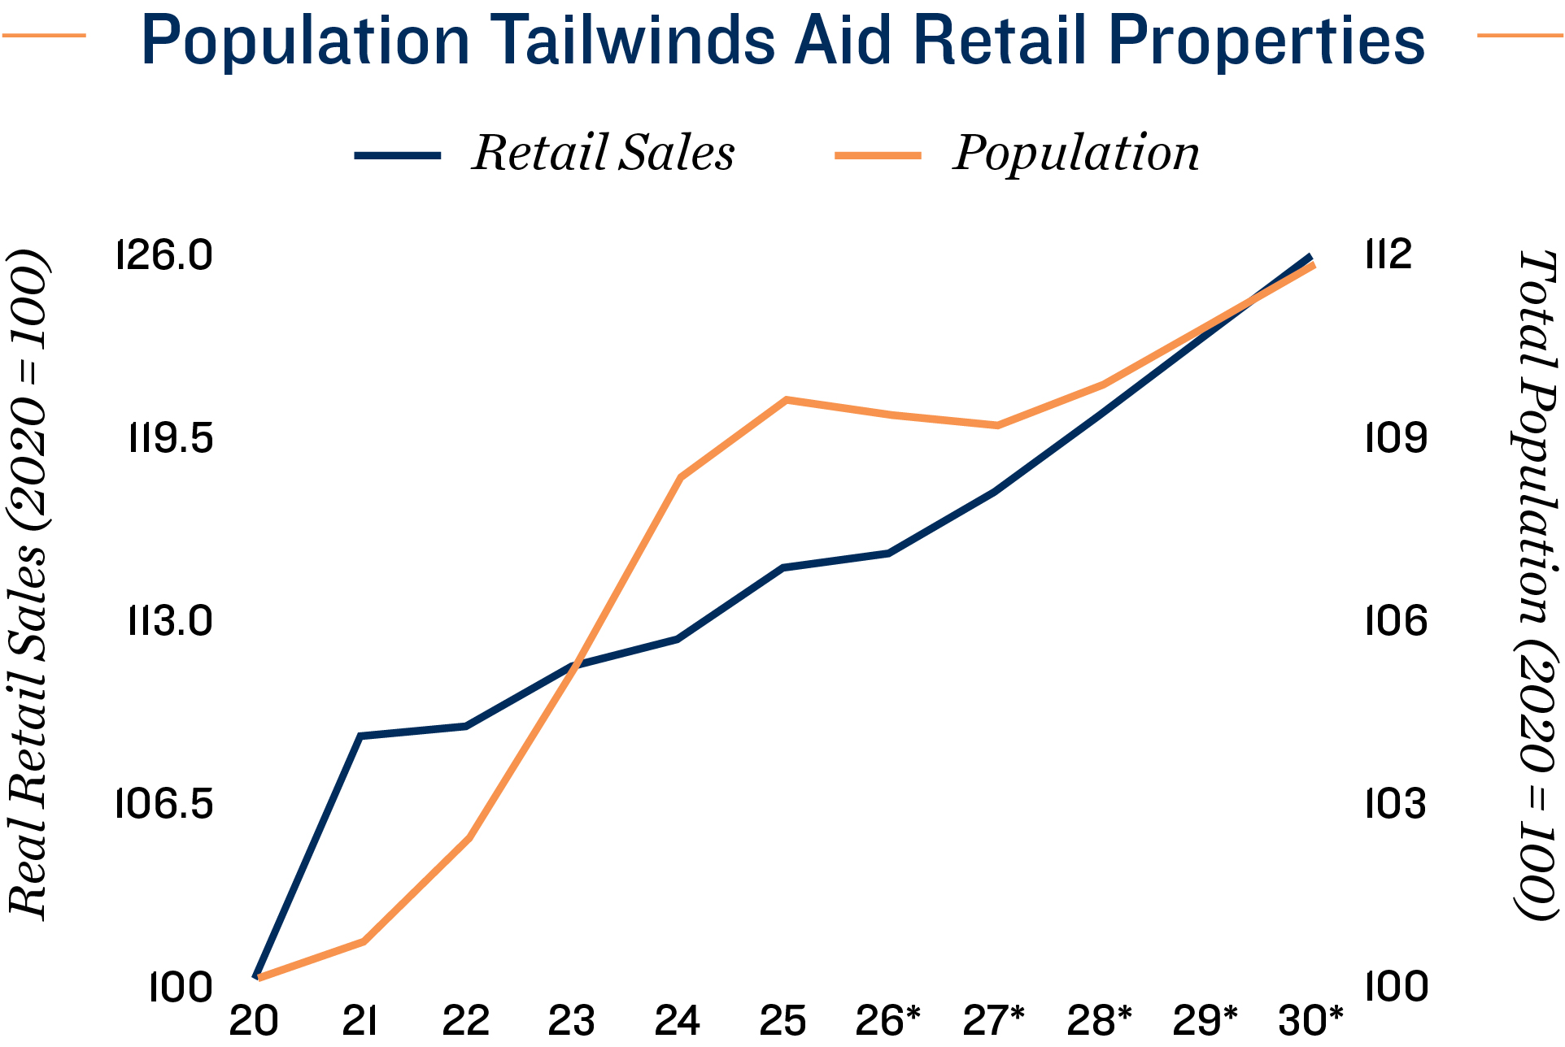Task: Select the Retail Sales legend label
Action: (603, 153)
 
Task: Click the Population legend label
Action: (1075, 153)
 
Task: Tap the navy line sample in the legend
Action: (398, 155)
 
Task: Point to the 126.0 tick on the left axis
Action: (165, 255)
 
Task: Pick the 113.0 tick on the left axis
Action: (170, 622)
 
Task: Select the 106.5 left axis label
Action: (165, 805)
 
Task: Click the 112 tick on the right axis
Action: (1389, 255)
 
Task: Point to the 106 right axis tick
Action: (1396, 622)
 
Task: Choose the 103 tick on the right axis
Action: (1396, 805)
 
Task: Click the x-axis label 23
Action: (571, 1021)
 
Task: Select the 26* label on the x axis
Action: (887, 1021)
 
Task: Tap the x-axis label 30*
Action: (1310, 1021)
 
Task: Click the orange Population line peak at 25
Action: (786, 400)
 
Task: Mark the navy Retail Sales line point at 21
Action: (360, 736)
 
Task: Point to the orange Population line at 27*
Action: (996, 425)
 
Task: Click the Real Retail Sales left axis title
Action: (28, 585)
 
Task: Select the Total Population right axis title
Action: (1536, 585)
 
